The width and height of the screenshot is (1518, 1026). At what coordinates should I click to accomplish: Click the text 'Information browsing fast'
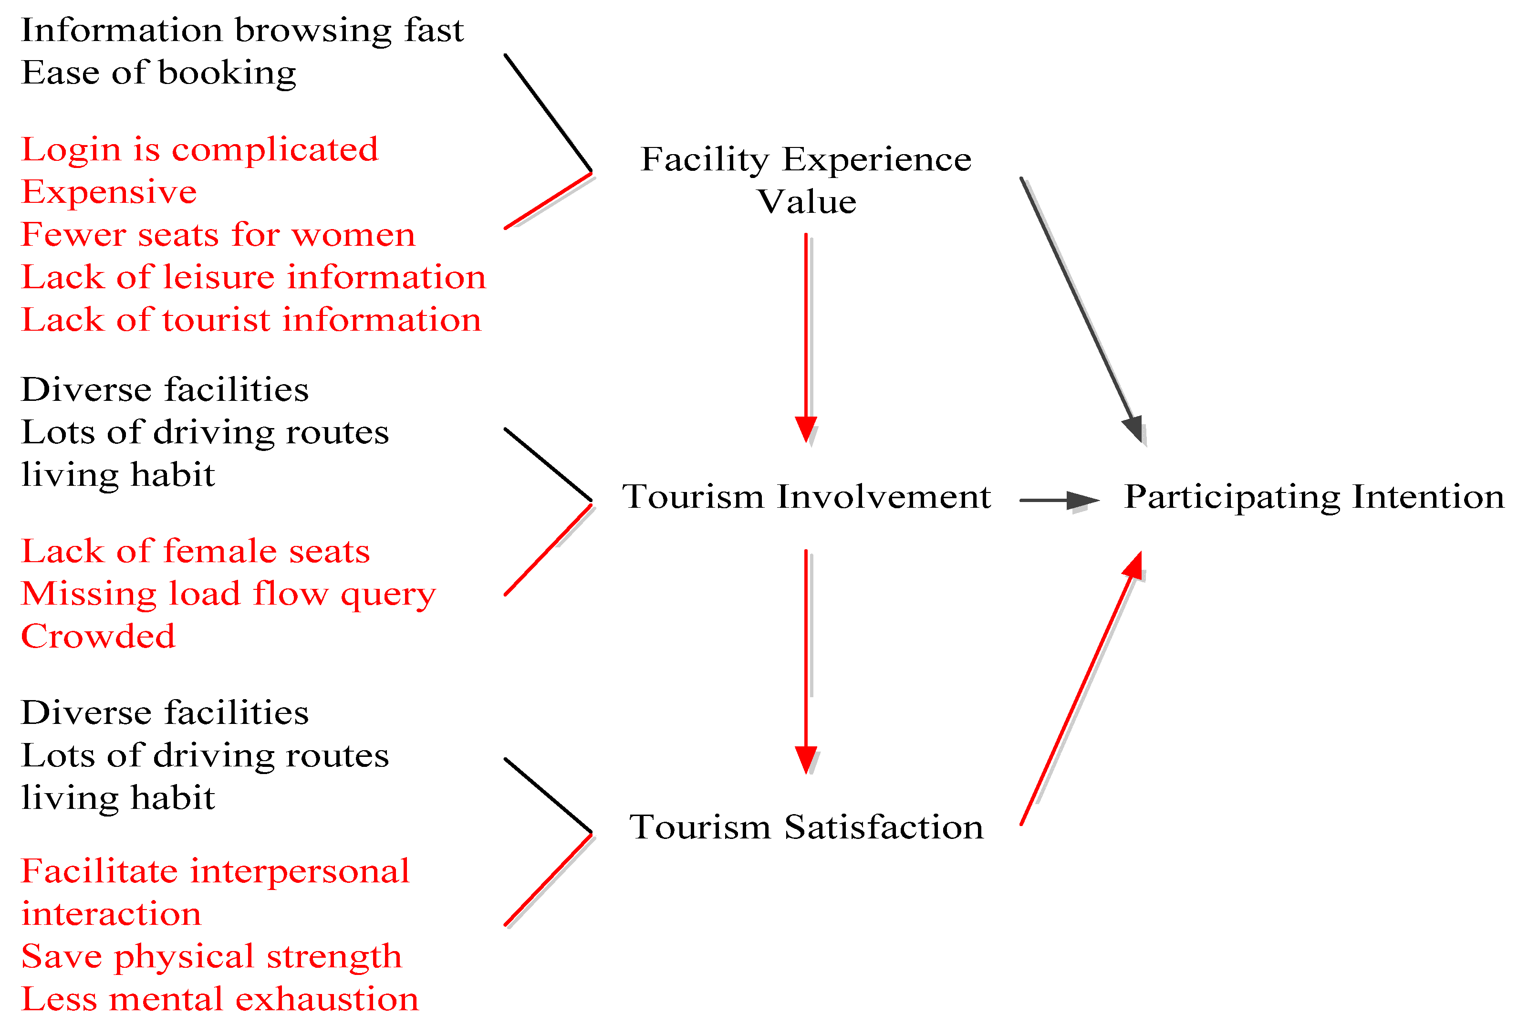click(x=242, y=31)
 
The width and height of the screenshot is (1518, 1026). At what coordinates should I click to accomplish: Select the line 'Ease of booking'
click(x=159, y=73)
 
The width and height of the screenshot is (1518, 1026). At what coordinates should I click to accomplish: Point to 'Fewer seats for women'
click(x=218, y=235)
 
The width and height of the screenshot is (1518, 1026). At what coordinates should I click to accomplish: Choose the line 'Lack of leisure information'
click(x=253, y=277)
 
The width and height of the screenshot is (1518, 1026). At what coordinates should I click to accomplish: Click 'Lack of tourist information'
click(x=251, y=320)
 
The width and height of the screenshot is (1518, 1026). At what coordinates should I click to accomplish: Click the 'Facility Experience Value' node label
click(x=806, y=180)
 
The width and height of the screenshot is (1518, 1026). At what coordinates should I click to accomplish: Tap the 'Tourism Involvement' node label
click(x=806, y=497)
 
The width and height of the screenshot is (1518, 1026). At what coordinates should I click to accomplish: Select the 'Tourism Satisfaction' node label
click(x=806, y=827)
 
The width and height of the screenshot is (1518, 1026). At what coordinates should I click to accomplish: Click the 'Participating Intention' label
click(x=1313, y=497)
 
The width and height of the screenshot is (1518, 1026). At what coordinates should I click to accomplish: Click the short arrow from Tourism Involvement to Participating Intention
click(x=1058, y=501)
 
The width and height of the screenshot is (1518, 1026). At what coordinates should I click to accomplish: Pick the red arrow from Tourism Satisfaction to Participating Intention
click(x=1081, y=688)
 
